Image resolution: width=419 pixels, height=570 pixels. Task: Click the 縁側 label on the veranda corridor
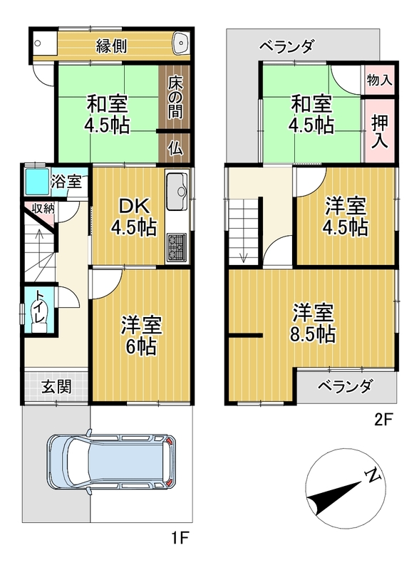(111, 46)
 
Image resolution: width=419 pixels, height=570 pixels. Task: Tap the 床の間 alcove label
(175, 98)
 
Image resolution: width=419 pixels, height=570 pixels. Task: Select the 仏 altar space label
(175, 148)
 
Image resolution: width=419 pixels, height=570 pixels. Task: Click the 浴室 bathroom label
(66, 181)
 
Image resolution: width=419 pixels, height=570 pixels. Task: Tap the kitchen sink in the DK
(177, 191)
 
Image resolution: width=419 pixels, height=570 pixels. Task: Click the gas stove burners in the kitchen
(177, 247)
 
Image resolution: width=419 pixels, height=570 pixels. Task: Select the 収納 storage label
(43, 209)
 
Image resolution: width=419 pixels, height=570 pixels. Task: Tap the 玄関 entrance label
(56, 386)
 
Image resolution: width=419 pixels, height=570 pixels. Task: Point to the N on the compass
(372, 475)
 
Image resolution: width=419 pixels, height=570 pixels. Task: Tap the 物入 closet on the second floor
(380, 80)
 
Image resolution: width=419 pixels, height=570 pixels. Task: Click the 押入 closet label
(380, 132)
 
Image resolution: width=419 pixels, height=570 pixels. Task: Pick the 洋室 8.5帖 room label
(313, 323)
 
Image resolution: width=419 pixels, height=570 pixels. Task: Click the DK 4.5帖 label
(134, 218)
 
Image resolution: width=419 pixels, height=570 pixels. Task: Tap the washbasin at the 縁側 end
(181, 42)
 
